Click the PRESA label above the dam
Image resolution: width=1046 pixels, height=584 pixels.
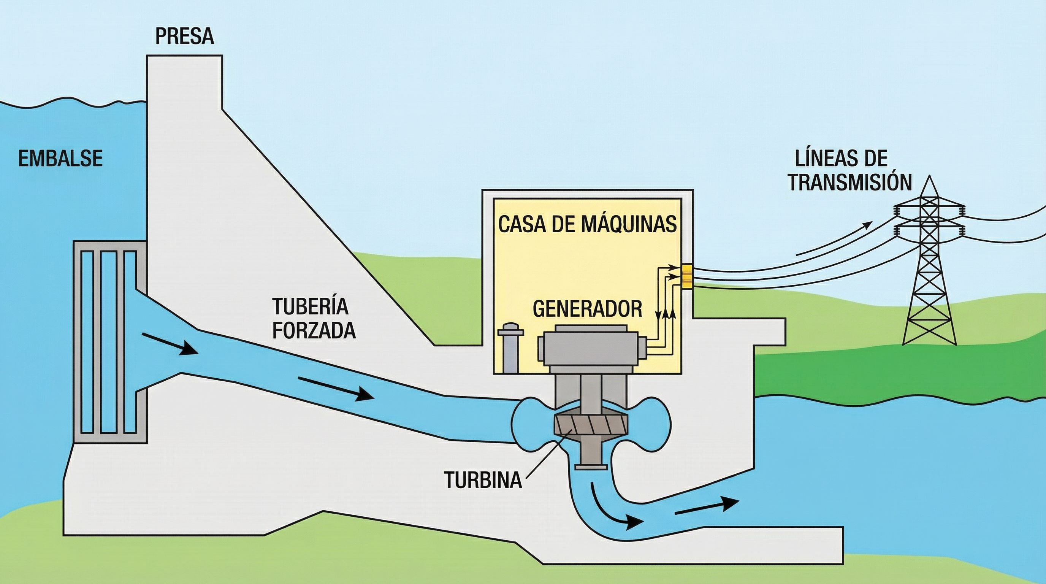click(184, 36)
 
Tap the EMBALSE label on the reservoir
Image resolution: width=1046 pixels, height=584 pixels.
click(60, 159)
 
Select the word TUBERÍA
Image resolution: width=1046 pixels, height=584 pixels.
click(310, 306)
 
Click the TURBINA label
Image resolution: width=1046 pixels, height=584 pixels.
click(483, 480)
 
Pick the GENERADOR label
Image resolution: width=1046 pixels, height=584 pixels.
click(587, 309)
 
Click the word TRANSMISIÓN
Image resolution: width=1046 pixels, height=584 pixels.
click(849, 183)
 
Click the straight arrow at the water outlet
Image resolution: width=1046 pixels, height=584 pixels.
click(706, 506)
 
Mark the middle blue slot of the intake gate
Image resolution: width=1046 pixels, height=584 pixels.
click(108, 341)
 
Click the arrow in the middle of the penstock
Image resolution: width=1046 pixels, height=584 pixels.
click(335, 388)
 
